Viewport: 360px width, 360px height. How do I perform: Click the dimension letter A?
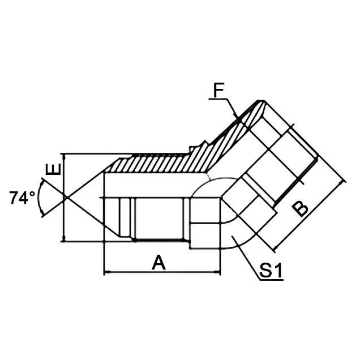(x=160, y=262)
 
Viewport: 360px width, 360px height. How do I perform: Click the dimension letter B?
(x=301, y=208)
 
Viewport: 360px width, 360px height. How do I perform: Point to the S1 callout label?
(x=271, y=272)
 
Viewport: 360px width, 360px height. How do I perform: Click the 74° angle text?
(x=23, y=198)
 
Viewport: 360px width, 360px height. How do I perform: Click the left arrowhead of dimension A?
(x=107, y=273)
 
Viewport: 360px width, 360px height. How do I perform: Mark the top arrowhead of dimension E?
(x=66, y=156)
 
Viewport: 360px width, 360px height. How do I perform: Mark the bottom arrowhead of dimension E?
(x=66, y=239)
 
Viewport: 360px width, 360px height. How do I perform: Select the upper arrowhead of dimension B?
(x=342, y=182)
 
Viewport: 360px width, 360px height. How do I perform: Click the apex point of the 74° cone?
(x=66, y=197)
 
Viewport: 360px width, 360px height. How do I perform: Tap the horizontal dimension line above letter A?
(x=161, y=273)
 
